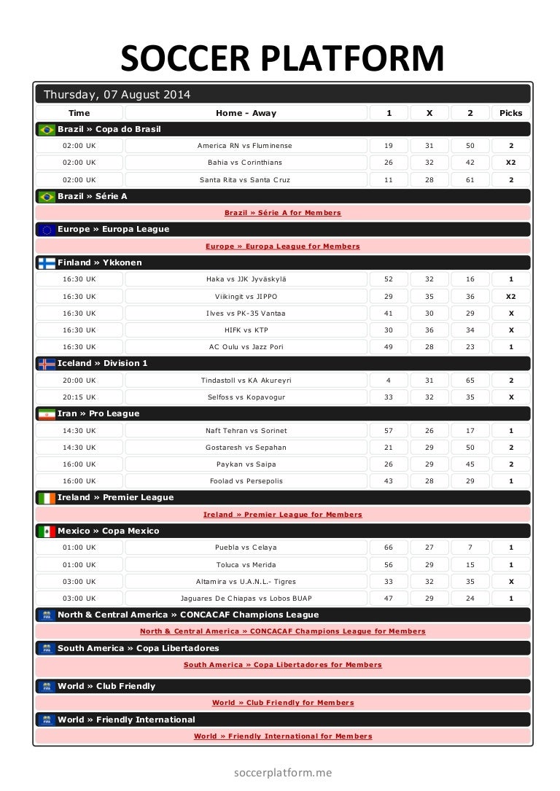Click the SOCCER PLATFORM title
[282, 58]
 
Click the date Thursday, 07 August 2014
[117, 94]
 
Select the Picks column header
[510, 113]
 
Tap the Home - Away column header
[246, 113]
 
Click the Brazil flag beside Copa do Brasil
[47, 130]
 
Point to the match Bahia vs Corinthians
[245, 163]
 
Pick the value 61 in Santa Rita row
[470, 179]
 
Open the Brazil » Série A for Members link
[282, 213]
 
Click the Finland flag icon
[47, 263]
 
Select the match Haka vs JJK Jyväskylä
[246, 279]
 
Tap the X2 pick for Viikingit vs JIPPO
[510, 297]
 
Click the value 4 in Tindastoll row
[388, 381]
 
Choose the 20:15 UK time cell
[79, 397]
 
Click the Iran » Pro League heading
[98, 414]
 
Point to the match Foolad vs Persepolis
[245, 481]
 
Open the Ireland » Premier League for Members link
[282, 515]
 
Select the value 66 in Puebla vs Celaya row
[388, 548]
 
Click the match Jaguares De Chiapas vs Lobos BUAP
[246, 599]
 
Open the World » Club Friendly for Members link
[282, 703]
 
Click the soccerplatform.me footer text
[282, 772]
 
